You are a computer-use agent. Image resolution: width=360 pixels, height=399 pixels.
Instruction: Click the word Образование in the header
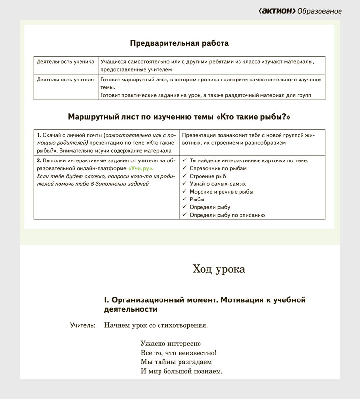[320, 11]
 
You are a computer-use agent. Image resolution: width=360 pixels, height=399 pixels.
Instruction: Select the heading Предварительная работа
[179, 43]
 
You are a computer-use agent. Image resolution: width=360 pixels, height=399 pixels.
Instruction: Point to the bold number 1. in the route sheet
[39, 135]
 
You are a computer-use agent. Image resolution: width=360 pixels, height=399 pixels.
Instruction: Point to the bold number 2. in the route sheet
[39, 160]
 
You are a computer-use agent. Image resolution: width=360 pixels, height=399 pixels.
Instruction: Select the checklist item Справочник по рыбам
[218, 168]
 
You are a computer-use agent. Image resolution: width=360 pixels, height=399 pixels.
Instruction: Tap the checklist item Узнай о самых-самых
[217, 183]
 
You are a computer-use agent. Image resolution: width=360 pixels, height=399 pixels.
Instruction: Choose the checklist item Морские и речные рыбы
[221, 191]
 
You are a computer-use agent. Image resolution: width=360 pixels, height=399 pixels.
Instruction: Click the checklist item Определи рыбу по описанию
[227, 215]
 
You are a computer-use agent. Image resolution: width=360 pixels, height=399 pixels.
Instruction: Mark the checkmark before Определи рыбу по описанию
[184, 215]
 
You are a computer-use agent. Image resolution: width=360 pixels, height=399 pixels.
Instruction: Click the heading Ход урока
[219, 269]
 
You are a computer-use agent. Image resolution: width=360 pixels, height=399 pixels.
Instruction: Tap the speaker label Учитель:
[82, 325]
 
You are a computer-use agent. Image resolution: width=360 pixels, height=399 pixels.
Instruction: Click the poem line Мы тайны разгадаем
[176, 362]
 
